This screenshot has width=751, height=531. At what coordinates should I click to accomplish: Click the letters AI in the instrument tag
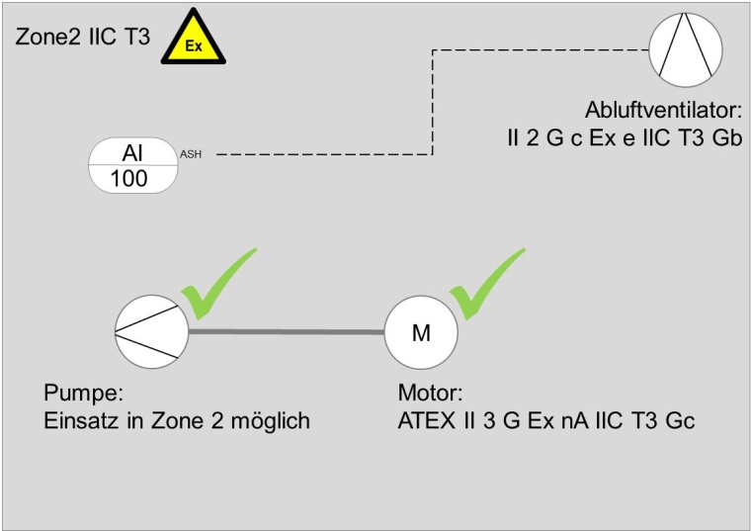(x=132, y=152)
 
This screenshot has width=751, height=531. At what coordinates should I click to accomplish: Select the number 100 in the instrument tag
(x=129, y=179)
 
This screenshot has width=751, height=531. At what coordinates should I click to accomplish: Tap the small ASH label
(x=191, y=154)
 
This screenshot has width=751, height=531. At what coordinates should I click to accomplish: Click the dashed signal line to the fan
(x=432, y=109)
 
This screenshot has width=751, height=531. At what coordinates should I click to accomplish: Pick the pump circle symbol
(x=149, y=331)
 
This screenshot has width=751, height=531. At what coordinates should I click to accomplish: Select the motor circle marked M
(x=421, y=332)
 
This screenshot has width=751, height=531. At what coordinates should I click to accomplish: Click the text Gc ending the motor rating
(x=682, y=420)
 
